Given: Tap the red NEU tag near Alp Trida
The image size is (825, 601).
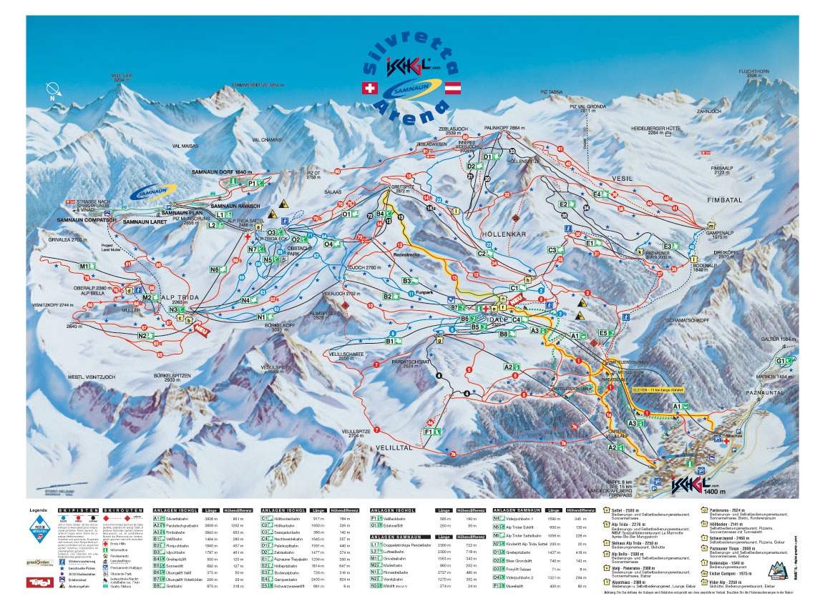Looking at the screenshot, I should tap(201, 331).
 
